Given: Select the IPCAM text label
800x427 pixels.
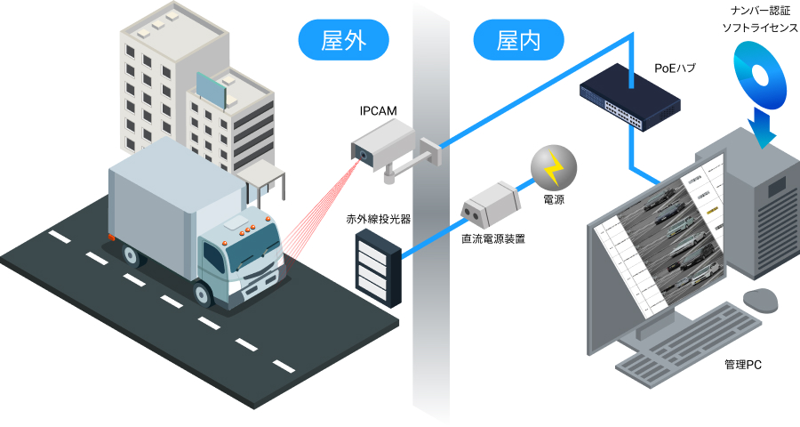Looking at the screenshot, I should [x=378, y=111].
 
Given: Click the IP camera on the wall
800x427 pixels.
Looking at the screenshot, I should [x=384, y=145].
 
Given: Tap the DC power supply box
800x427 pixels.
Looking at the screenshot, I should [x=488, y=201].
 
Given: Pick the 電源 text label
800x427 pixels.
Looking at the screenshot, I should [x=553, y=200].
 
